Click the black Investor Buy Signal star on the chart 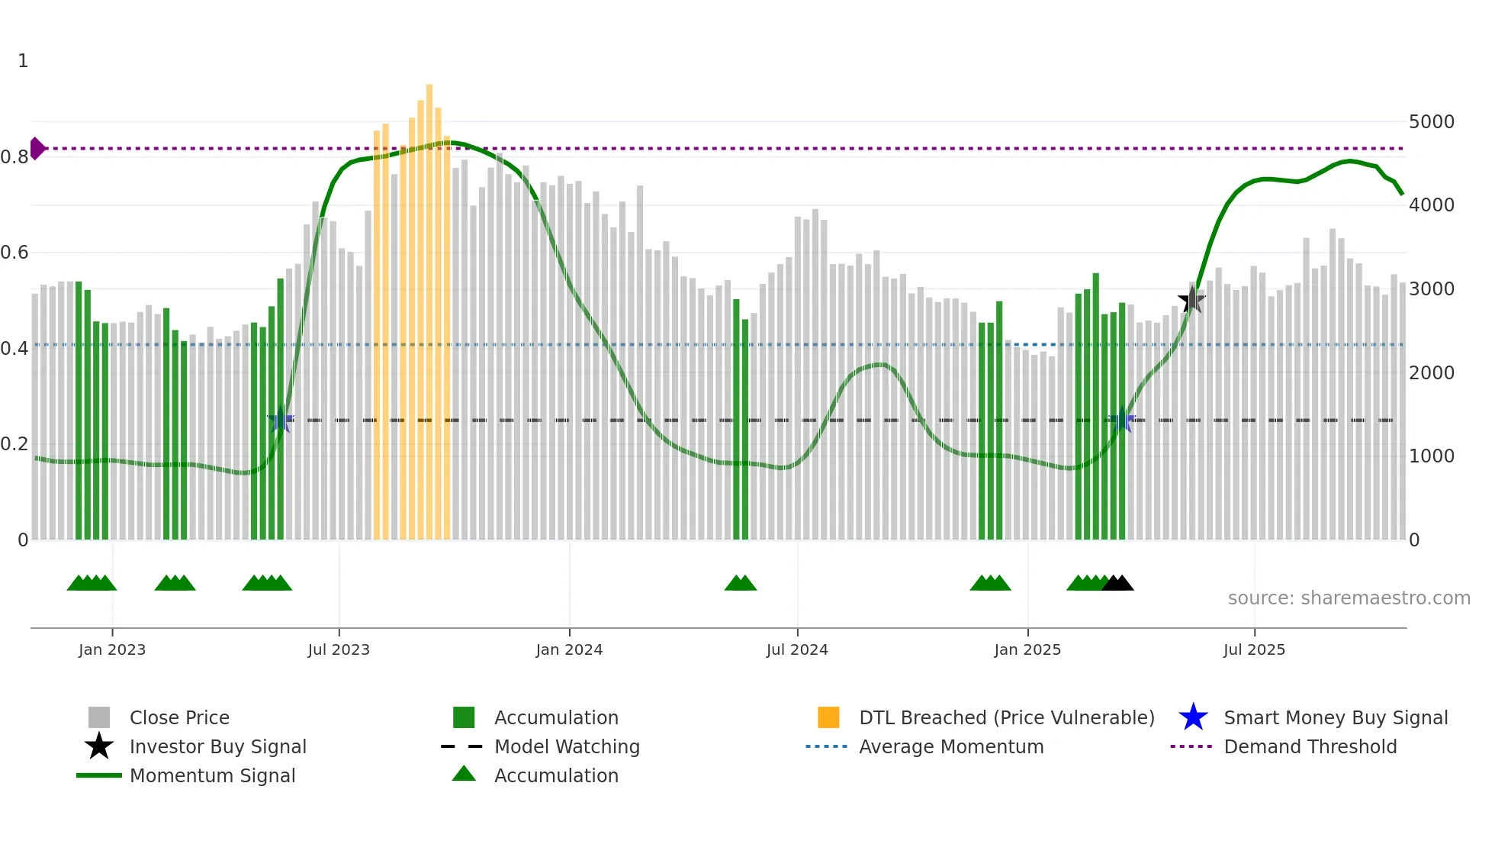click(x=1191, y=300)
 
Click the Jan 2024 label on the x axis click(x=569, y=649)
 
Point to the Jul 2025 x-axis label click(x=1254, y=649)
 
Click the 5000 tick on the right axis click(x=1431, y=122)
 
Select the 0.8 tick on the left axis click(x=15, y=157)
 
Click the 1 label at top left click(x=23, y=61)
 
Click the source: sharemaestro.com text click(x=1349, y=598)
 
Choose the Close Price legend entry click(x=178, y=717)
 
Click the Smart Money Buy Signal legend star click(x=1193, y=717)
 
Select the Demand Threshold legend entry click(x=1310, y=746)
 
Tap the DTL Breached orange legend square click(x=828, y=717)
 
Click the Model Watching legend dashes click(x=461, y=746)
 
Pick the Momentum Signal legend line click(x=99, y=775)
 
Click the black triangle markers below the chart click(x=1117, y=584)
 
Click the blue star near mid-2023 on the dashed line click(x=281, y=420)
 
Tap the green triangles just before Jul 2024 click(x=740, y=584)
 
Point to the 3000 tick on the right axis click(x=1431, y=289)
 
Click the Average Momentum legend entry click(x=950, y=746)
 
